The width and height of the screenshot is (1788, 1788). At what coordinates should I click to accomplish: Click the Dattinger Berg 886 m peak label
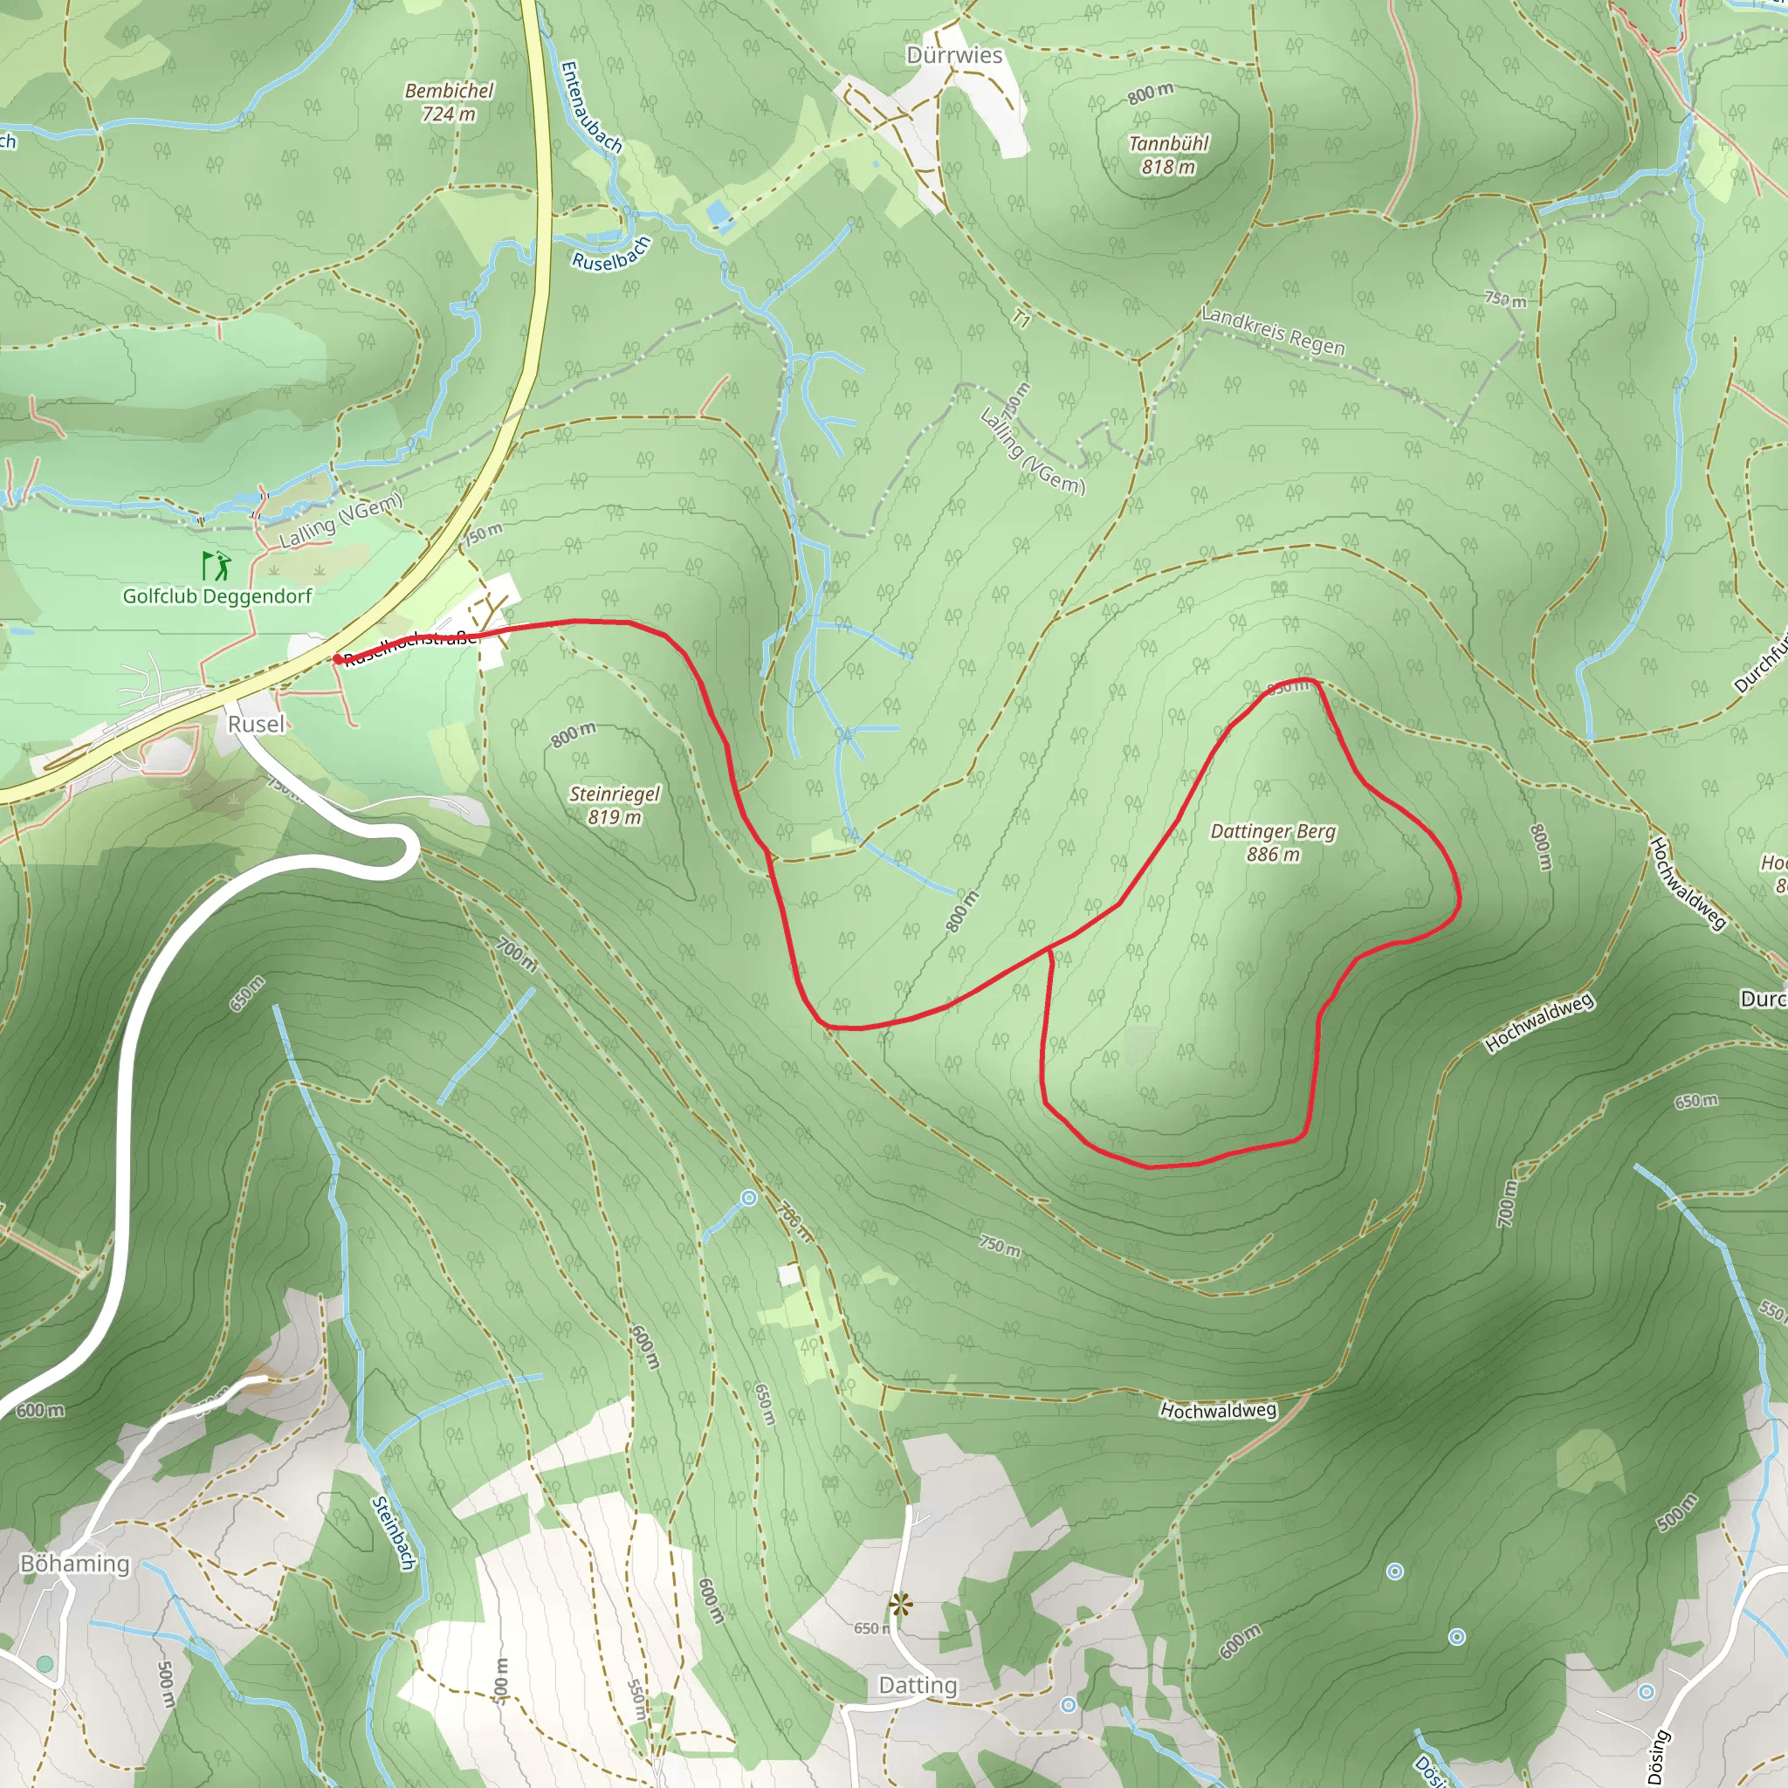tap(1273, 842)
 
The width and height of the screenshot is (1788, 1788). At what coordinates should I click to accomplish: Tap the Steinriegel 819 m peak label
tap(615, 805)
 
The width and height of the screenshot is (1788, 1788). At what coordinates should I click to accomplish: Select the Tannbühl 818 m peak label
tap(1168, 155)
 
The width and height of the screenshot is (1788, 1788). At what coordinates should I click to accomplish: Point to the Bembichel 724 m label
tap(449, 102)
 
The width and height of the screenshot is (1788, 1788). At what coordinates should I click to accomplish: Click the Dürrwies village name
tap(954, 56)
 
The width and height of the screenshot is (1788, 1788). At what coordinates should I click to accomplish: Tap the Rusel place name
tap(257, 724)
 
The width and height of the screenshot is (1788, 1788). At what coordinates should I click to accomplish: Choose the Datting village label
tap(918, 1685)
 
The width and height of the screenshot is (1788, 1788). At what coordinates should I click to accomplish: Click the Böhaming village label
tap(75, 1563)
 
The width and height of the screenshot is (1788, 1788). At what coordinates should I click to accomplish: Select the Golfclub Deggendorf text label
tap(217, 596)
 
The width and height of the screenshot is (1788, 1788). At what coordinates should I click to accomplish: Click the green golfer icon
tap(217, 565)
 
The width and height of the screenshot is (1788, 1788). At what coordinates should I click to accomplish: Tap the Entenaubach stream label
tap(590, 107)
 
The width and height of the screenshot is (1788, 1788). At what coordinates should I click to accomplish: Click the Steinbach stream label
tap(392, 1532)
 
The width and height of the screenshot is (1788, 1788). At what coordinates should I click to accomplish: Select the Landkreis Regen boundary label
tap(1273, 330)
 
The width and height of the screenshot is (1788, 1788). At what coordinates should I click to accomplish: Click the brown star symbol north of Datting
tap(898, 1604)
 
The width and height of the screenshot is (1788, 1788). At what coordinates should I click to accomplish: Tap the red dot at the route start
tap(338, 659)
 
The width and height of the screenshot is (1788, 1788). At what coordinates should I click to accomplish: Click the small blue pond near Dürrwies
tap(719, 215)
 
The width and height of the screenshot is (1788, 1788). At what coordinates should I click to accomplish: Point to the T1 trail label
tap(1021, 320)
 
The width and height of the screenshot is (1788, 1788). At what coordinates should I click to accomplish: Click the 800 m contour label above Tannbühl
tap(1151, 93)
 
